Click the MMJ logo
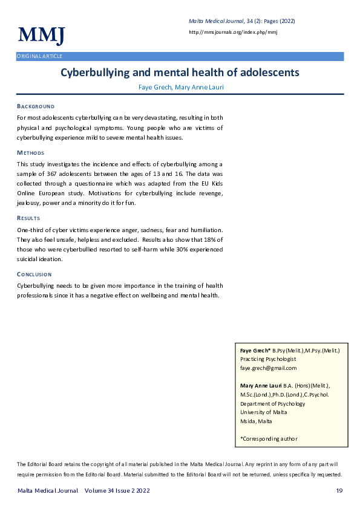41,36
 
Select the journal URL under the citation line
233,32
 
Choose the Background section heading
36,106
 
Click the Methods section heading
30,153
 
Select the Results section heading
28,218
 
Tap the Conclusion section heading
34,274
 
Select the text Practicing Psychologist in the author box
268,358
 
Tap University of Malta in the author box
264,412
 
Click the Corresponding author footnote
269,438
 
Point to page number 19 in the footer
339,491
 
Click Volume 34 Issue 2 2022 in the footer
117,491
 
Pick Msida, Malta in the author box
256,421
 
